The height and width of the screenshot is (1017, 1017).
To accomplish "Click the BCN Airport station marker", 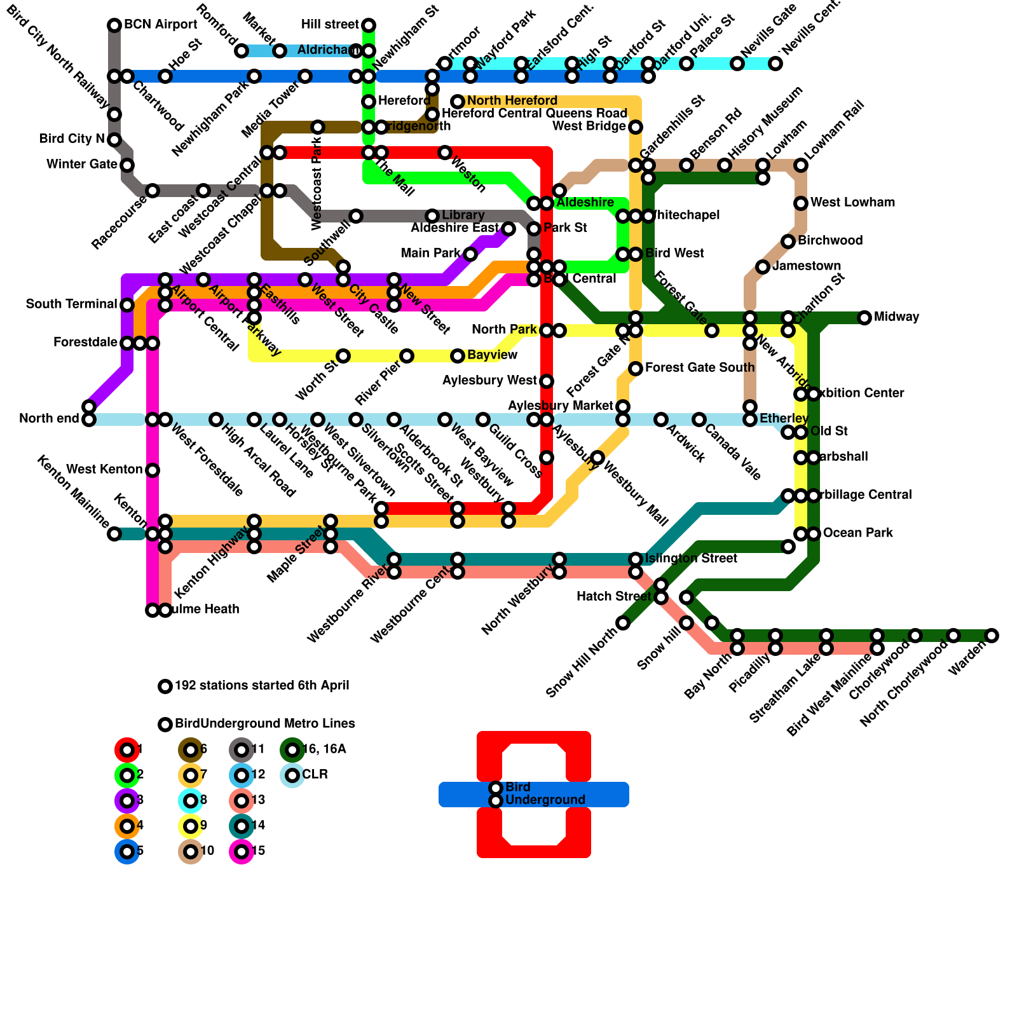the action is [x=114, y=25].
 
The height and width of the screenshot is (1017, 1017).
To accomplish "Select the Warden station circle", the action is [x=992, y=636].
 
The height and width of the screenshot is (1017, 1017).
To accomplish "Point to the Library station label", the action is [x=463, y=215].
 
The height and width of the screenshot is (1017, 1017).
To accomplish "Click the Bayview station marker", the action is [x=458, y=356].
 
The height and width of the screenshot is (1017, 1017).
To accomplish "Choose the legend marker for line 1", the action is [x=127, y=750].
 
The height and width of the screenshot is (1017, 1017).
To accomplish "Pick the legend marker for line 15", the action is [x=242, y=852].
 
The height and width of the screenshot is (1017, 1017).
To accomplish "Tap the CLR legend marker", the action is [x=292, y=775].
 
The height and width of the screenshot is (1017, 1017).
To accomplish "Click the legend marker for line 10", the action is [x=191, y=852].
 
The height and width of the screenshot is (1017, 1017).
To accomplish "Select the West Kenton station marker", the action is [x=153, y=470].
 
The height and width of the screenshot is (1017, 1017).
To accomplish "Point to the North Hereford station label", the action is [x=512, y=101].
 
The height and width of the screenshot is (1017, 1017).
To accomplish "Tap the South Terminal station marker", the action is [x=127, y=305].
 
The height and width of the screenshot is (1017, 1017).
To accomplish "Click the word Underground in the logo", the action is [x=545, y=800].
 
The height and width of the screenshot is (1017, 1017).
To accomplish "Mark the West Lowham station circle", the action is [x=801, y=203].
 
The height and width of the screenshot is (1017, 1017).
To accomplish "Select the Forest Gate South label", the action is [x=700, y=368].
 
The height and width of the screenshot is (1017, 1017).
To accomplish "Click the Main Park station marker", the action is [x=470, y=254].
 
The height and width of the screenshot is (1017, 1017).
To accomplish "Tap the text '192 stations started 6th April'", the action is [x=262, y=686].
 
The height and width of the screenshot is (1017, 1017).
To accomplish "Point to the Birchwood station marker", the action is [x=788, y=242].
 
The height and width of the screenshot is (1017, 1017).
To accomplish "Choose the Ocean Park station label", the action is [x=857, y=533].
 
